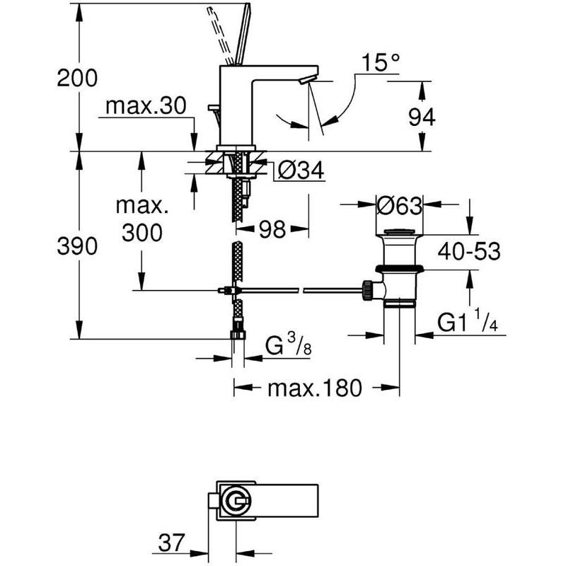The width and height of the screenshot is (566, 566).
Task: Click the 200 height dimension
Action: (x=77, y=78)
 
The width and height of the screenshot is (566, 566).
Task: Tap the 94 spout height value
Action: (x=422, y=117)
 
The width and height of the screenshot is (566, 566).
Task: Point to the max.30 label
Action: (x=146, y=106)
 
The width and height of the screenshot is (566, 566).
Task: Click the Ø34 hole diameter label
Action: (x=301, y=170)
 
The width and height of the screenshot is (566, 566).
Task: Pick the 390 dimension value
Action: (x=77, y=246)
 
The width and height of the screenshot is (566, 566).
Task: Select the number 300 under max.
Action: (x=142, y=233)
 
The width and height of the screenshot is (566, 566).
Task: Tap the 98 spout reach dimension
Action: (x=272, y=229)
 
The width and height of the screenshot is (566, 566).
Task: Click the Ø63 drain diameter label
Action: (x=399, y=206)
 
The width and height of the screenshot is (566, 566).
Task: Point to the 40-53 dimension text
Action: (x=469, y=251)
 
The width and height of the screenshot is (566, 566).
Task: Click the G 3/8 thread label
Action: (x=288, y=345)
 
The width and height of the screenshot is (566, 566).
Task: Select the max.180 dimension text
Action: (x=314, y=388)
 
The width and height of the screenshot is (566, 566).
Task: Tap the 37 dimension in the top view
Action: (x=171, y=542)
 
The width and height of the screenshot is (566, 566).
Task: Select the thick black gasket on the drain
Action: (x=399, y=268)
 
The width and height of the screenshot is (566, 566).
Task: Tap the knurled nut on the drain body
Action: (x=367, y=290)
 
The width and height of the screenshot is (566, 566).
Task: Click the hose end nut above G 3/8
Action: (x=238, y=335)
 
